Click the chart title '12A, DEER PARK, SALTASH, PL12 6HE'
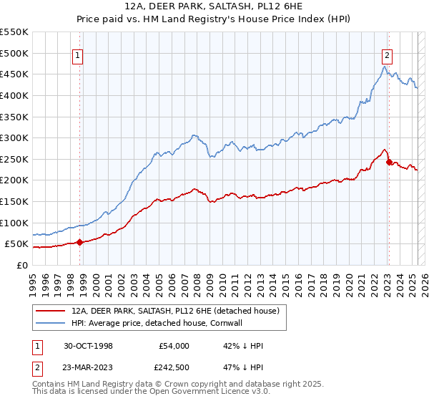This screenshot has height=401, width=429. tap(214, 7)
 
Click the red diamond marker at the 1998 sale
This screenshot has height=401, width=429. tap(79, 242)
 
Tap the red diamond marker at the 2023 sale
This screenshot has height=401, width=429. tap(389, 162)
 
